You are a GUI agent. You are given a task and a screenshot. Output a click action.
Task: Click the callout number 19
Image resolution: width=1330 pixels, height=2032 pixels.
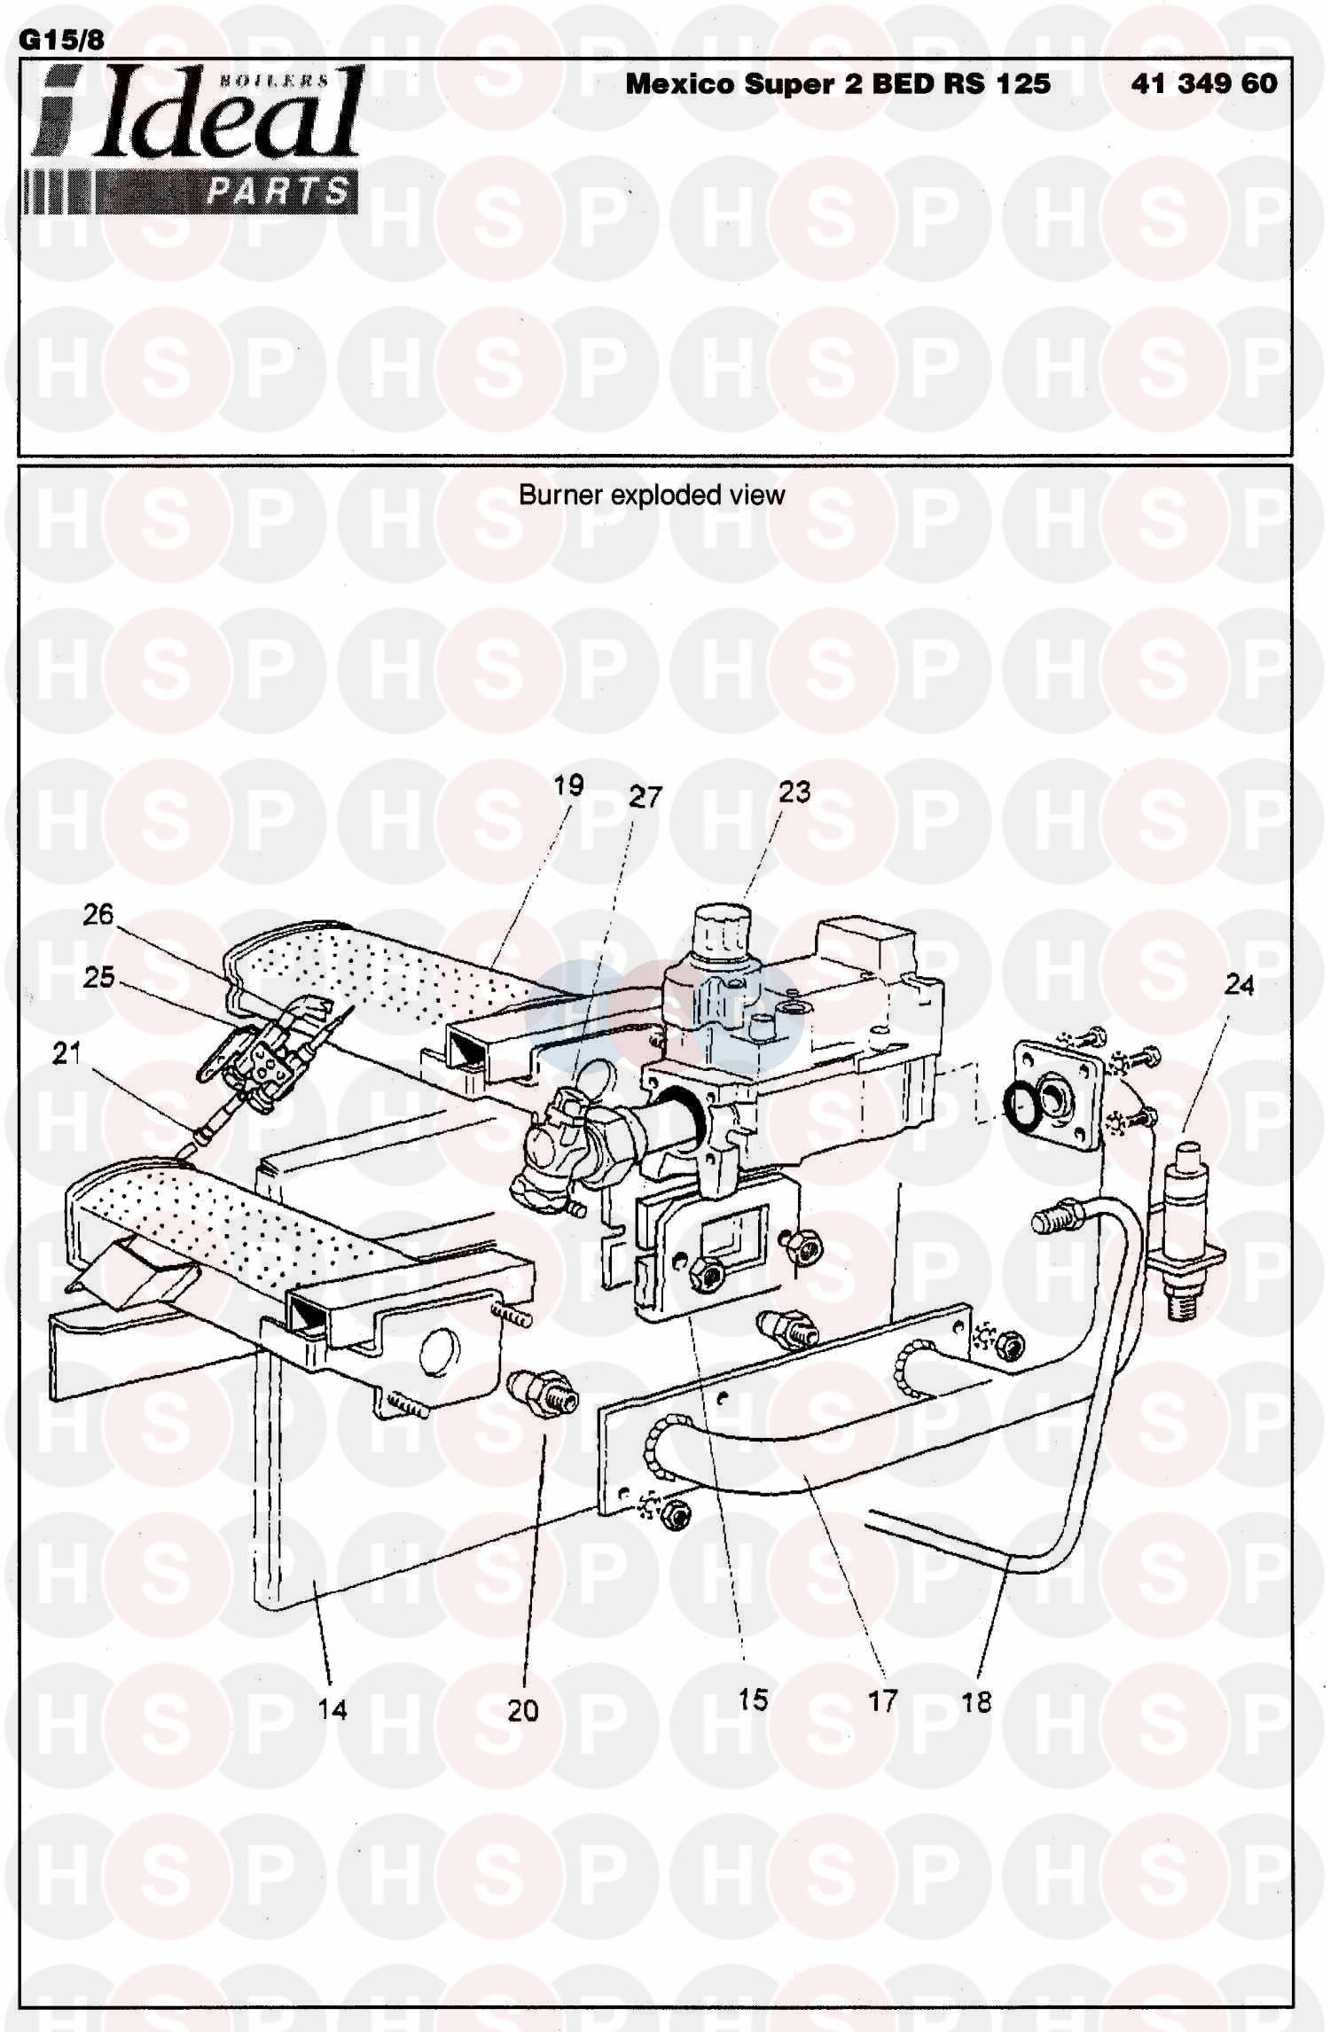pos(568,785)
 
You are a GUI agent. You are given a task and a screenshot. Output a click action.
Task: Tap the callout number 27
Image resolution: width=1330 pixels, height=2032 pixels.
pos(645,796)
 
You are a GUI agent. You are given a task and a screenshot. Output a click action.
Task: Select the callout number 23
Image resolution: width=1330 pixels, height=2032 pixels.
pos(794,791)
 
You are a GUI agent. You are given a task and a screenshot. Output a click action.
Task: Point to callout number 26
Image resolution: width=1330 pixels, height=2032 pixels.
pos(98,913)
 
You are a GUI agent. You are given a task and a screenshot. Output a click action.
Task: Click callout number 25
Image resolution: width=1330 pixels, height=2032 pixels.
pos(98,977)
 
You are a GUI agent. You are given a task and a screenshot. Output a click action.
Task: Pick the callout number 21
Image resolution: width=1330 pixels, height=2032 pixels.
pos(66,1053)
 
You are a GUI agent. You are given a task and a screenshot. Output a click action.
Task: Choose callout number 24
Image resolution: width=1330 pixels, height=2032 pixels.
pos(1239,985)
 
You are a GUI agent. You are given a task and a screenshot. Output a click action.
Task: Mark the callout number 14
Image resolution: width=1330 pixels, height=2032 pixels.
pos(332,1709)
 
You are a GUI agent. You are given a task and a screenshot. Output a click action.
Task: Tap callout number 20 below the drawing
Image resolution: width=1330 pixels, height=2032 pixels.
pos(522,1709)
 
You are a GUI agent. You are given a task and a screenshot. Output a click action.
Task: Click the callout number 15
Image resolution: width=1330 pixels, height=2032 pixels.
pos(752,1700)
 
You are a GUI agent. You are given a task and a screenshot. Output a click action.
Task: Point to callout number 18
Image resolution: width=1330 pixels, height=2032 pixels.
pos(976,1701)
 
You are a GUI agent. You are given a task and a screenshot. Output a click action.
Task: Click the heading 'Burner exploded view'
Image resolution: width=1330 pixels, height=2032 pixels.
pos(652,494)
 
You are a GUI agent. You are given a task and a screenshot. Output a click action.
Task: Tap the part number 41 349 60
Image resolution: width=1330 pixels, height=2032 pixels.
pos(1204,83)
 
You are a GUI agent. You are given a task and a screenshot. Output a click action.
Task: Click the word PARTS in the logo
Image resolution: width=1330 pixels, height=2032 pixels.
pos(278,191)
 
